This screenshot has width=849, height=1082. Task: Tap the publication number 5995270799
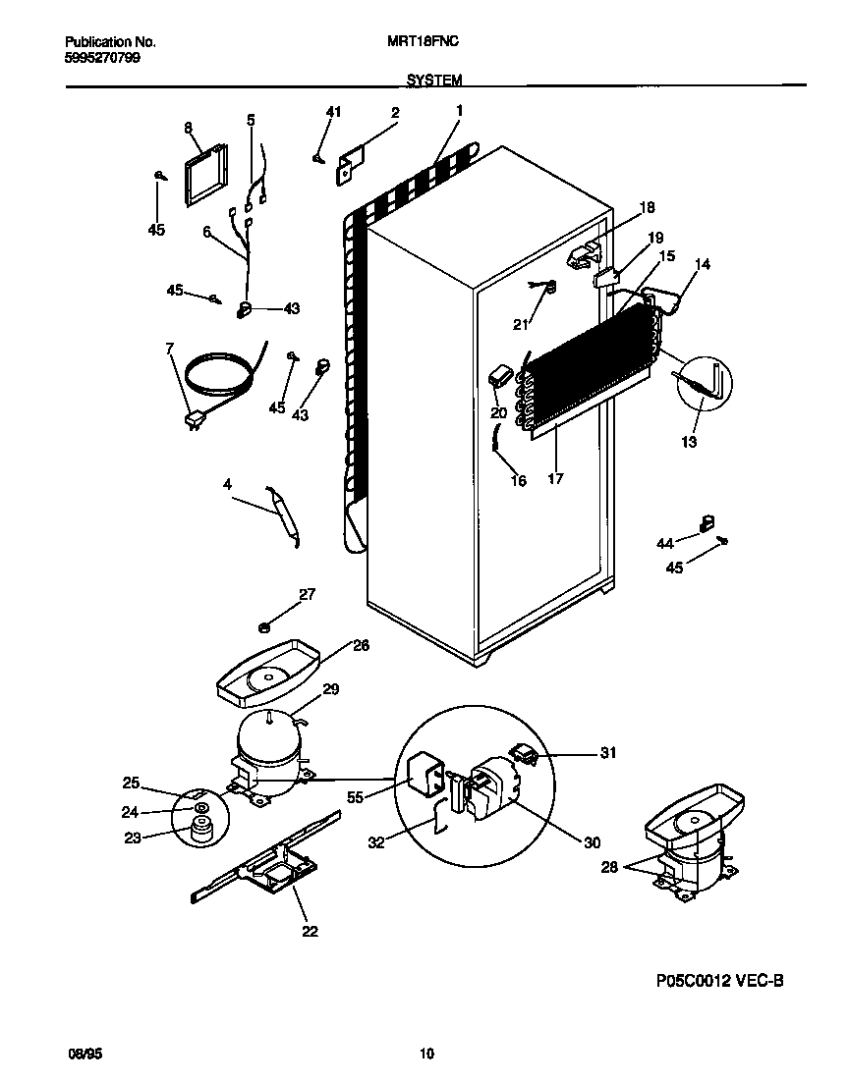(101, 57)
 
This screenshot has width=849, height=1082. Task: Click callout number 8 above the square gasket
(188, 128)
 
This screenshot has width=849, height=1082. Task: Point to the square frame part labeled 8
(204, 178)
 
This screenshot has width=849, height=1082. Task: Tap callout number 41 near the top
(333, 113)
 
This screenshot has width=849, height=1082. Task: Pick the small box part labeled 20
(499, 376)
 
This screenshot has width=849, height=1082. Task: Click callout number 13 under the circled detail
(689, 443)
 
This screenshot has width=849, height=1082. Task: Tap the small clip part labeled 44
(705, 525)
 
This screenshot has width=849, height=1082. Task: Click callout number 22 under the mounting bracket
(310, 931)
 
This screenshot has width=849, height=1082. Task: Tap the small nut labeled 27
(264, 626)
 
